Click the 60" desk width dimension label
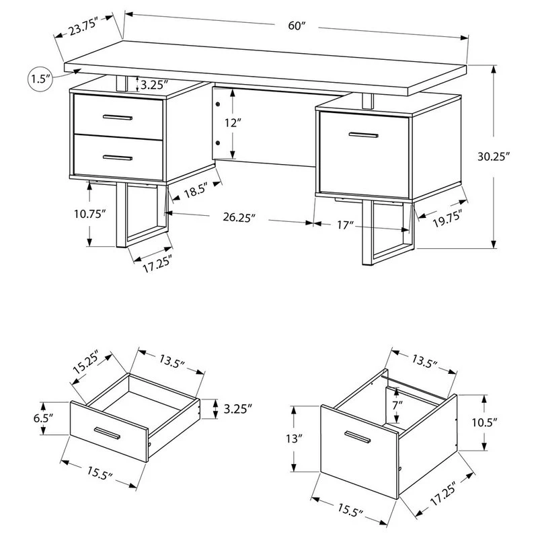coord(297,26)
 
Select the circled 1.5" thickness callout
coord(40,79)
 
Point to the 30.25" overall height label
coord(492,157)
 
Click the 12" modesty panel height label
coord(233,123)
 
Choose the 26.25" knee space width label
coord(239,217)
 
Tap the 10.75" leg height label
coord(89,214)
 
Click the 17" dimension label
coord(345,225)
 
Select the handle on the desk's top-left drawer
coord(118,118)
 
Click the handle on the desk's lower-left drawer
coord(118,158)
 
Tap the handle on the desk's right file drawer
coord(364,135)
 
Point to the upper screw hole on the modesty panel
coord(217,104)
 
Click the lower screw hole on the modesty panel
coord(217,143)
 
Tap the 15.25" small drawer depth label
coord(86,362)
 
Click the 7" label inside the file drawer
coord(397,406)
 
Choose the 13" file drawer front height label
coord(294,438)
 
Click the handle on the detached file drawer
coord(358,437)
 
